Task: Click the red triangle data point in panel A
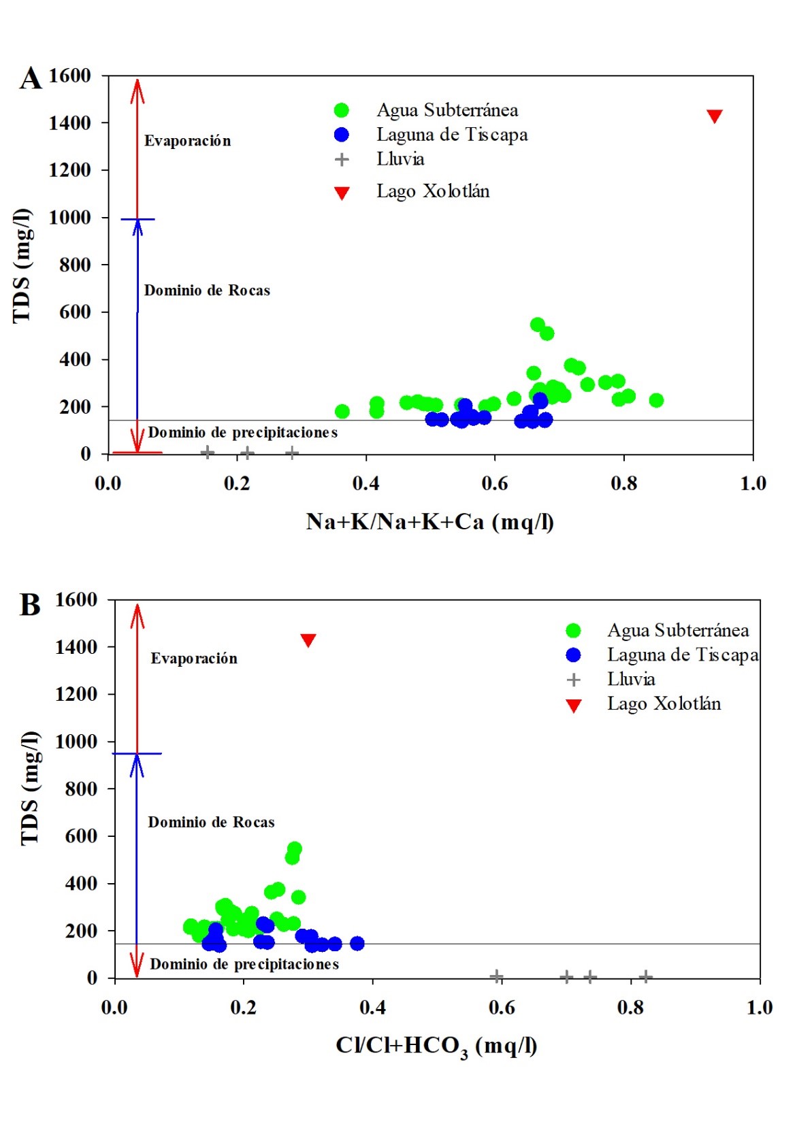714,116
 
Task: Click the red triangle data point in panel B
308,640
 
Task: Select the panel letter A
30,78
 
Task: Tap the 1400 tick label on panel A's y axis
69,123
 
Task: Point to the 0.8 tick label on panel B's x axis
630,1008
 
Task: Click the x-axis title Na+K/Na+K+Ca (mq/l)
429,522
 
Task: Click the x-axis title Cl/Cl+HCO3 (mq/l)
436,1046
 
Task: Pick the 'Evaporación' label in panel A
187,141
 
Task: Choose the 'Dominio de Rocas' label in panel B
211,822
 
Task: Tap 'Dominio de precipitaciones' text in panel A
243,433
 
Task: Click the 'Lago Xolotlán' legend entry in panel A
433,191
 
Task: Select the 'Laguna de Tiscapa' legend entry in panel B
682,655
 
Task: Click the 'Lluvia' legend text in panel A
400,159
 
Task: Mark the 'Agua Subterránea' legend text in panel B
678,630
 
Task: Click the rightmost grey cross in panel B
646,977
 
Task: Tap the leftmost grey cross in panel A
208,452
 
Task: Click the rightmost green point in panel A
655,400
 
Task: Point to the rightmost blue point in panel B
357,943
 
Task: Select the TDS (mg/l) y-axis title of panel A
22,265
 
